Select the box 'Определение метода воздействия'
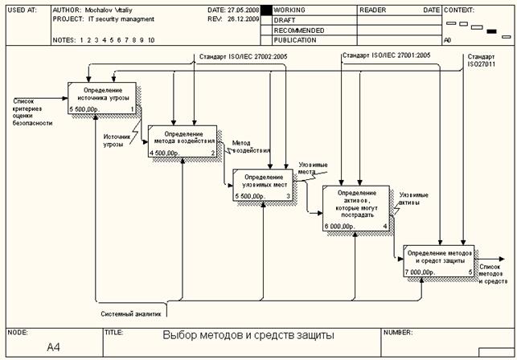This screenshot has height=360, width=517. coord(183,141)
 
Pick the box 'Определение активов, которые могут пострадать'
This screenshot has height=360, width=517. coord(355,208)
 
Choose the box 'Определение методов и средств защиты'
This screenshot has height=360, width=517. coord(438,260)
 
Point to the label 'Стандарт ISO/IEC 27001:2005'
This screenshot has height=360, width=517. coord(387,55)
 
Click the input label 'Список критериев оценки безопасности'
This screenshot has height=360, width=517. coord(31,112)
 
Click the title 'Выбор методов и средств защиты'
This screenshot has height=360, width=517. coord(248,335)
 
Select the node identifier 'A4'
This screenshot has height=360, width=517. coord(54,347)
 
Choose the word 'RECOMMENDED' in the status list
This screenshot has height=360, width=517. coord(299,30)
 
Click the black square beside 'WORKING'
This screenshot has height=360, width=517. coord(266,10)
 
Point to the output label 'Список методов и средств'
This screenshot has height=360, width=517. coord(493,276)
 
